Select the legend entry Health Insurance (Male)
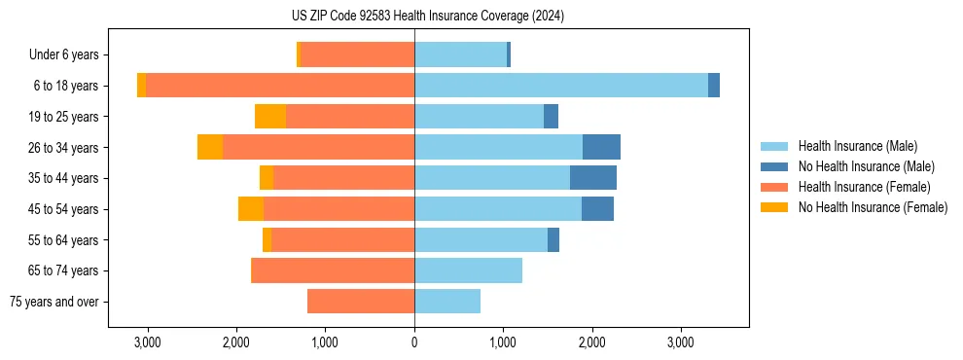tap(857, 146)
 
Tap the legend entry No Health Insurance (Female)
tap(873, 207)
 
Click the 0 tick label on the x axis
tap(414, 342)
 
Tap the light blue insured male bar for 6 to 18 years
tap(561, 86)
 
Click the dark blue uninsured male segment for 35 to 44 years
tap(593, 178)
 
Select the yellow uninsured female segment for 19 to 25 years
tap(270, 117)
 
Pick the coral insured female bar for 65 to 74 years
tap(333, 270)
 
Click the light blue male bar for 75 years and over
tap(447, 302)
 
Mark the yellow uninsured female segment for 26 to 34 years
tap(210, 147)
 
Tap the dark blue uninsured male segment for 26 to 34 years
tap(601, 147)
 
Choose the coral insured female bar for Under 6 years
tap(357, 54)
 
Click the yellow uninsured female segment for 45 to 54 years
tap(251, 209)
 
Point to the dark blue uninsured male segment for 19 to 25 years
tap(551, 117)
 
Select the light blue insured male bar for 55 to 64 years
tap(481, 239)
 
